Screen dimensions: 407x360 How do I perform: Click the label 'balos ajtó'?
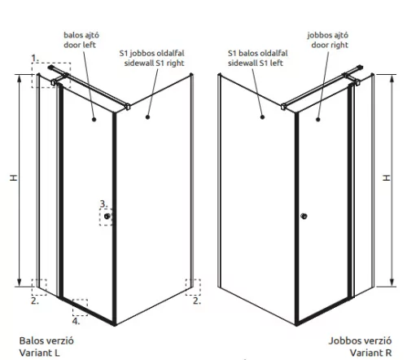(x=81, y=35)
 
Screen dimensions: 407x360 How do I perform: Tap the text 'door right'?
(x=330, y=45)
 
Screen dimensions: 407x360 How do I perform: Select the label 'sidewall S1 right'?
(x=154, y=63)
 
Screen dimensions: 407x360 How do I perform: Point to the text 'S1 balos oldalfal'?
(x=257, y=53)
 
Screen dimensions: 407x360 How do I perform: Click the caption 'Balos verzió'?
(x=46, y=340)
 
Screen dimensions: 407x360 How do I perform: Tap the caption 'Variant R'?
(x=370, y=353)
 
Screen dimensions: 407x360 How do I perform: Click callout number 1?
(x=35, y=58)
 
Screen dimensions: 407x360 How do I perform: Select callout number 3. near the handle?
(x=103, y=204)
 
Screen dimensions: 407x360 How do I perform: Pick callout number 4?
(x=76, y=321)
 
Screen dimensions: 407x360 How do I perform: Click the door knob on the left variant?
(x=107, y=216)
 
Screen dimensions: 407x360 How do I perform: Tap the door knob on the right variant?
(x=304, y=216)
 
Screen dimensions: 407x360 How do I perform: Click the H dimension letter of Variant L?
(x=14, y=178)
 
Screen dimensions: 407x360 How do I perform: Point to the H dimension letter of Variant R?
(x=387, y=178)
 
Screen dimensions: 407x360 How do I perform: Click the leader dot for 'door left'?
(x=94, y=119)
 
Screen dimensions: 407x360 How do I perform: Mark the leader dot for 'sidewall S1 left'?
(x=262, y=117)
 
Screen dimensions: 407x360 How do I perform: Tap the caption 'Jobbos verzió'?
(x=360, y=340)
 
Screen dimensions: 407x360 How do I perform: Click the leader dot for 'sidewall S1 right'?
(x=147, y=117)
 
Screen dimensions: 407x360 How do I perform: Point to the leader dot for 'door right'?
(x=318, y=119)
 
